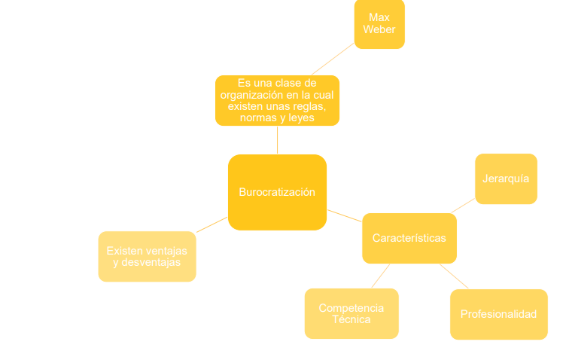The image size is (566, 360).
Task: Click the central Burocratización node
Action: (x=277, y=192)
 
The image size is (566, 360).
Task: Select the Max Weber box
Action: (x=379, y=24)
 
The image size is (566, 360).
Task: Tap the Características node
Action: (x=409, y=238)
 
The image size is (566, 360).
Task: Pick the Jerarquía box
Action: (x=506, y=178)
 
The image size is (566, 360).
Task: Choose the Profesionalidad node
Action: (x=499, y=314)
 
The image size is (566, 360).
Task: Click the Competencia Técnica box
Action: (x=351, y=313)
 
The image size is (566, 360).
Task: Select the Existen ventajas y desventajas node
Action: (x=148, y=256)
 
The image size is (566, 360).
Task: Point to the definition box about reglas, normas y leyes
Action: (x=277, y=100)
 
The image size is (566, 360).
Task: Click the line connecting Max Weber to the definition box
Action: (x=333, y=59)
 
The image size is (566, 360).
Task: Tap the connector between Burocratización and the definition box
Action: (x=277, y=140)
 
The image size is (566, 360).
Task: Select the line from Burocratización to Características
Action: (x=345, y=215)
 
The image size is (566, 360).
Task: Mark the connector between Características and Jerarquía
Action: (x=463, y=206)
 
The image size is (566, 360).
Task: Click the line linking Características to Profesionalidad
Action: (x=454, y=276)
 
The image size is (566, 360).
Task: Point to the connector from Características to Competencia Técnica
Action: (x=380, y=276)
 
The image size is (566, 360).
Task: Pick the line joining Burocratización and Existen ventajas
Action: (x=212, y=224)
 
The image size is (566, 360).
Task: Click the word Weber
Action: (x=379, y=29)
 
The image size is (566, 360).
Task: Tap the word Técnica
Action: (x=351, y=319)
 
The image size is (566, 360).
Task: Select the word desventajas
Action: (x=151, y=262)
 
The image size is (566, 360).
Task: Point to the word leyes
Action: (x=301, y=117)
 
